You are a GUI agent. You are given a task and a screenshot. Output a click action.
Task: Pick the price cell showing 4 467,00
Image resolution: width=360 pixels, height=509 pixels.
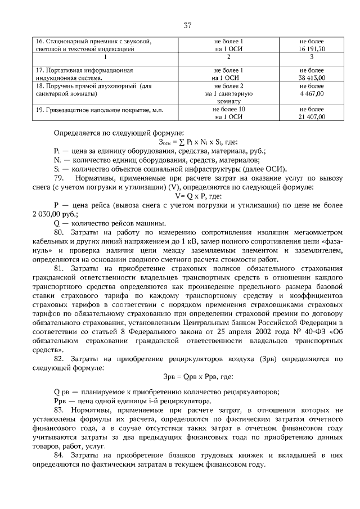click(312, 93)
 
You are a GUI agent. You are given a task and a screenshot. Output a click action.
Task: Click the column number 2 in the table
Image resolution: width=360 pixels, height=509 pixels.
click(228, 57)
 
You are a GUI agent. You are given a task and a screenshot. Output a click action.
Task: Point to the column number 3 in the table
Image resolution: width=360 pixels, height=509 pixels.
click(312, 57)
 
